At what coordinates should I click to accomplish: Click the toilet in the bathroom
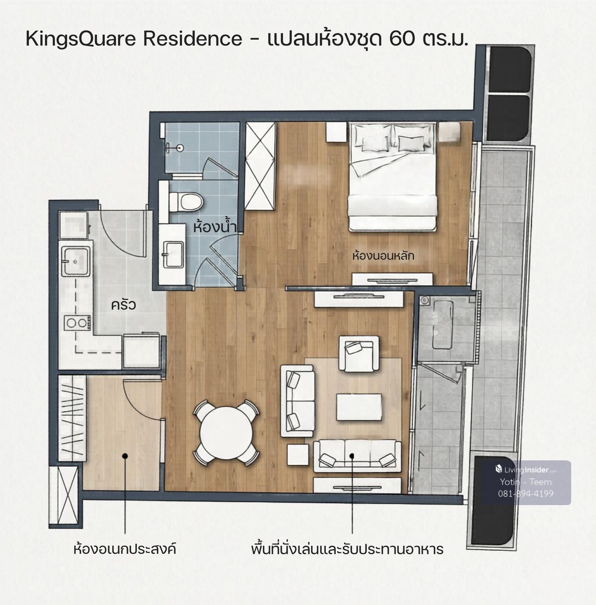tap(186, 202)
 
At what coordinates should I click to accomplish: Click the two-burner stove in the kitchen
tap(77, 323)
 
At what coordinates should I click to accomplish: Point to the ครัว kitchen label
tap(124, 305)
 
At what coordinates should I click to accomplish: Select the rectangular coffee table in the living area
tap(359, 407)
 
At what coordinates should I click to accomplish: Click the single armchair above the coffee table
tap(359, 354)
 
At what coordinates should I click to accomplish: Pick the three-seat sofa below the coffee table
tap(357, 456)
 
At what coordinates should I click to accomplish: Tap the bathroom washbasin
tap(173, 255)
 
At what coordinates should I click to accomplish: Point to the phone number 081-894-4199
tap(526, 494)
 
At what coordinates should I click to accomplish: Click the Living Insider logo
tap(526, 470)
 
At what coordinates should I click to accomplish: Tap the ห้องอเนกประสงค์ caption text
tap(125, 549)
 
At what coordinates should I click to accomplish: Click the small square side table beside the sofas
tap(298, 455)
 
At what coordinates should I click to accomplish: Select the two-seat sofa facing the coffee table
tap(298, 401)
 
